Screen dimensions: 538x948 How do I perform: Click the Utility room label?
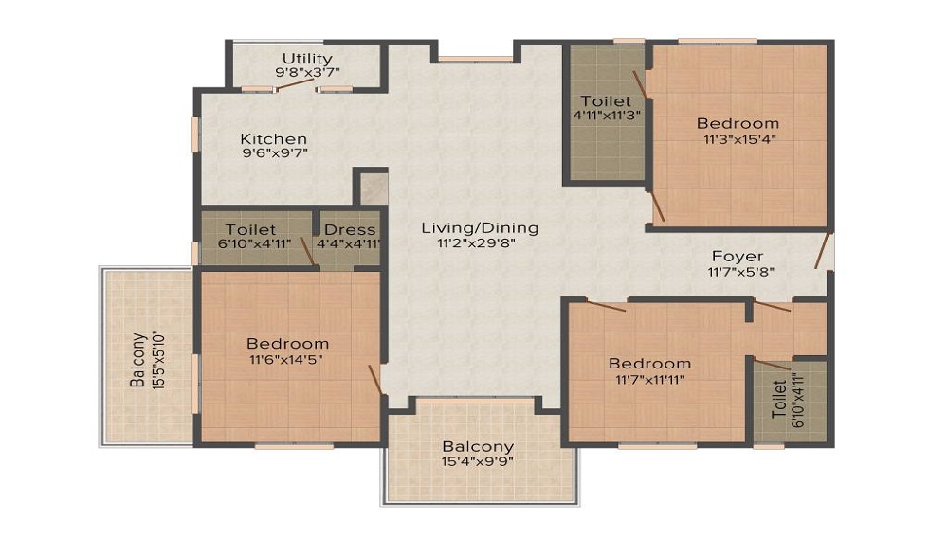click(x=306, y=59)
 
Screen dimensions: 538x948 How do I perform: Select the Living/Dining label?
click(x=480, y=227)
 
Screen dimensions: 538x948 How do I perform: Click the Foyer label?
click(x=738, y=257)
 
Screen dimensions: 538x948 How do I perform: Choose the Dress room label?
click(x=350, y=230)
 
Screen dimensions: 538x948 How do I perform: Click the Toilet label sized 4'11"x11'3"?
click(x=606, y=100)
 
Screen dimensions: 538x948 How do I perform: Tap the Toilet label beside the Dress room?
click(x=251, y=230)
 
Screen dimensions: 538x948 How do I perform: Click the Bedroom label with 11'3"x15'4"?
click(x=738, y=123)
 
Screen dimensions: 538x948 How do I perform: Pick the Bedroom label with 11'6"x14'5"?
click(x=287, y=344)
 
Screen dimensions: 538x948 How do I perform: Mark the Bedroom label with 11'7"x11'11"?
click(x=649, y=364)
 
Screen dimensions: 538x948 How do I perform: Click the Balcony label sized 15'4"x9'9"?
click(x=478, y=447)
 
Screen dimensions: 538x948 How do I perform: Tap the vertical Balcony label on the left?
click(x=138, y=359)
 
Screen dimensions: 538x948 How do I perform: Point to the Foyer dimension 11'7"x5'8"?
click(x=738, y=273)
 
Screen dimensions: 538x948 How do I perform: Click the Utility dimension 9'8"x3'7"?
click(x=306, y=73)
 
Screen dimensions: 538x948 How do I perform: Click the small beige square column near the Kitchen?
click(x=371, y=188)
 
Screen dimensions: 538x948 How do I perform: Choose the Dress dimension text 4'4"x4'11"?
click(x=351, y=243)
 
